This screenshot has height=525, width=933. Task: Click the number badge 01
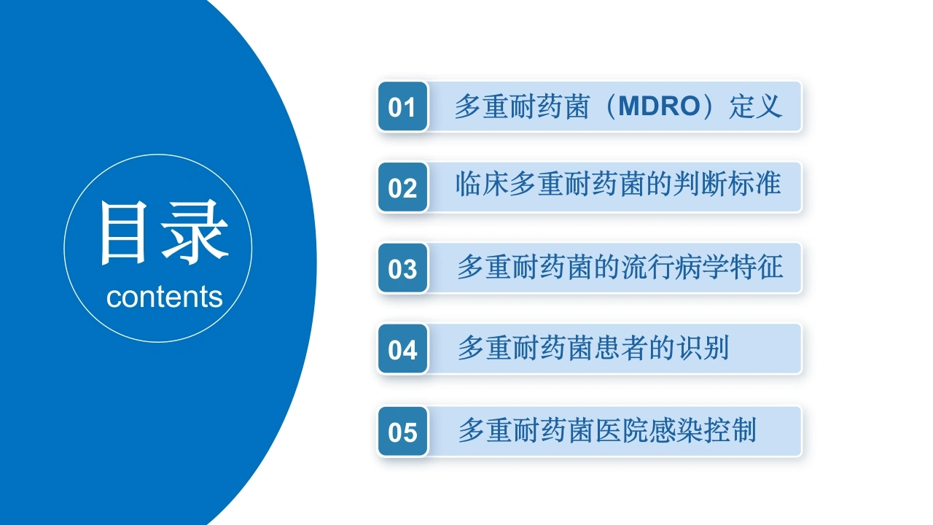click(x=403, y=106)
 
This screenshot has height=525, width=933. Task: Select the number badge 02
click(x=403, y=187)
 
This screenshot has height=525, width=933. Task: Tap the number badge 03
click(x=403, y=268)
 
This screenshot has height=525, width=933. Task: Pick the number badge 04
click(x=403, y=349)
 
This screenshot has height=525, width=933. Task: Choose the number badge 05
click(x=403, y=432)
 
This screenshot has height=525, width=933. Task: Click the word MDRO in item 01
click(x=659, y=106)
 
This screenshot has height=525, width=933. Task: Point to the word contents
click(x=165, y=297)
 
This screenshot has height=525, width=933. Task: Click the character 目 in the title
click(x=124, y=233)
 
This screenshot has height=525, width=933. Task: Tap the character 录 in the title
click(x=195, y=232)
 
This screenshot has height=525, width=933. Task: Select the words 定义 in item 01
click(x=755, y=106)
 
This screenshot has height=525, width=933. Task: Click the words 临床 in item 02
click(x=482, y=184)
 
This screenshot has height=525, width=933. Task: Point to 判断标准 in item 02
click(x=727, y=184)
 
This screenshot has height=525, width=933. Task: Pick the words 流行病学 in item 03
click(x=675, y=267)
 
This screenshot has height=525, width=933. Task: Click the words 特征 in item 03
click(x=756, y=267)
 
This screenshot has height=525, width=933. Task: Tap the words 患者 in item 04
click(x=621, y=348)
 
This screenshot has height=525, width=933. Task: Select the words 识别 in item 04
click(x=703, y=348)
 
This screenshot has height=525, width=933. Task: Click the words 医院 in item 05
click(x=621, y=430)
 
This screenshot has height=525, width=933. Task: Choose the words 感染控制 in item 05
click(x=703, y=430)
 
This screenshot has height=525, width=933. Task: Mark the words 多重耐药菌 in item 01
click(x=522, y=106)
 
